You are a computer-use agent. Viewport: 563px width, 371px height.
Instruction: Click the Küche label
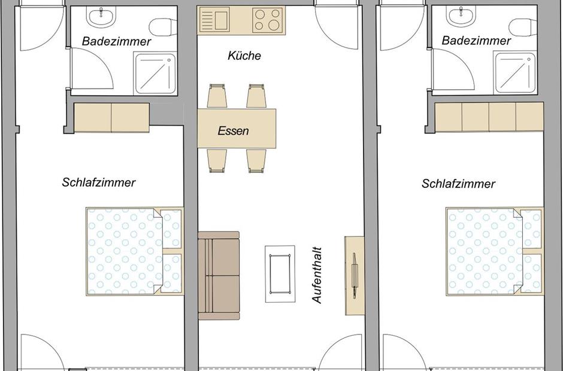[244, 56]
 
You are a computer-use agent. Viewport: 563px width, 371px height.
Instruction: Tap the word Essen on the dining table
[233, 130]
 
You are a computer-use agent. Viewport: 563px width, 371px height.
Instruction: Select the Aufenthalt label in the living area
[317, 275]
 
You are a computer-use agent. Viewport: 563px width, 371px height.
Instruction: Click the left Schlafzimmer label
[99, 183]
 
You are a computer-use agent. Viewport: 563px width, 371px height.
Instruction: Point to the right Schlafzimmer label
[459, 184]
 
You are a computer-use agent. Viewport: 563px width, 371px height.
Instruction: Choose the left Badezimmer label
[116, 41]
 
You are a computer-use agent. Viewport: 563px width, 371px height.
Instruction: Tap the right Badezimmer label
[476, 41]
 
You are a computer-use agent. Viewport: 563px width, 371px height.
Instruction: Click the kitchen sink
[214, 20]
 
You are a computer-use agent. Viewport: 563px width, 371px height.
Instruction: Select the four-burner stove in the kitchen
[267, 20]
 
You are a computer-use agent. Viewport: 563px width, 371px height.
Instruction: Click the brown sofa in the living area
[219, 275]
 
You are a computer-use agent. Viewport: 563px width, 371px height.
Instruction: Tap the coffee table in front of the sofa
[280, 274]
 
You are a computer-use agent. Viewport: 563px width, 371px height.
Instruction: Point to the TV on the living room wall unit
[354, 276]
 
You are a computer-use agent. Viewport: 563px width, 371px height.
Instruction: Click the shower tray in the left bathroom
[155, 74]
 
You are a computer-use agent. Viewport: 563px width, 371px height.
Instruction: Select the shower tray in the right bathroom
[515, 73]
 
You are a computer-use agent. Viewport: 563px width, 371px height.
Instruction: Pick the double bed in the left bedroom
[134, 251]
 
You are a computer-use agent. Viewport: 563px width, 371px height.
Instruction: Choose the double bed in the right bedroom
[494, 251]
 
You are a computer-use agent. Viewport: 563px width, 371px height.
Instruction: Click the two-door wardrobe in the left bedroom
[111, 118]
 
